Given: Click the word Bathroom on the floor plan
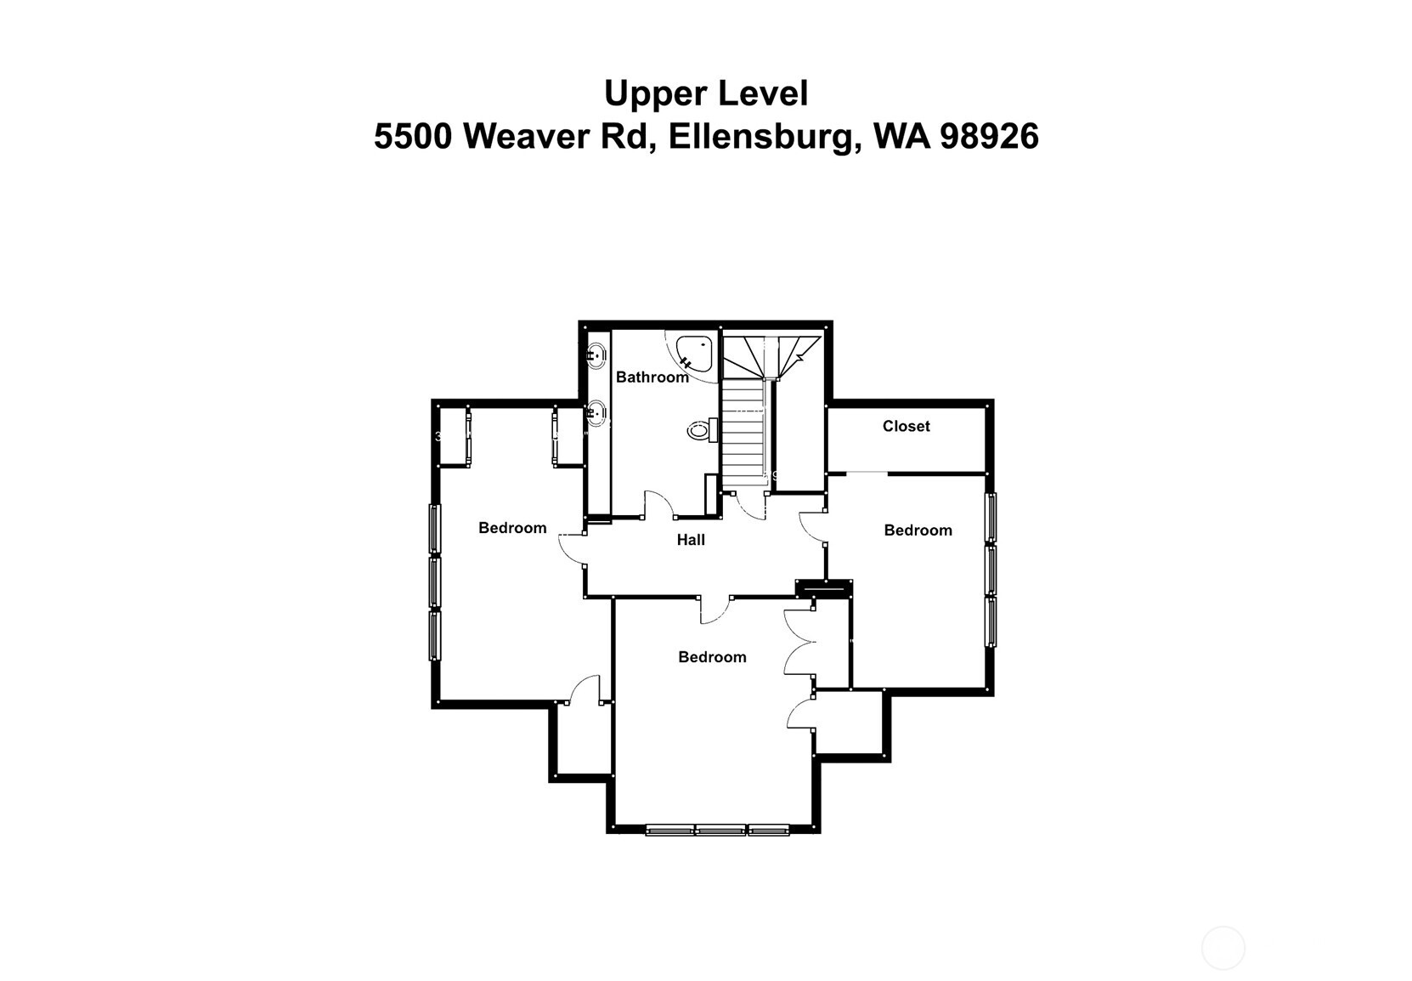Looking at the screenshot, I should pos(652,377).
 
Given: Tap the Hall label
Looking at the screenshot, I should pos(691,539).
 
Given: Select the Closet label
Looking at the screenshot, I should pos(906,426).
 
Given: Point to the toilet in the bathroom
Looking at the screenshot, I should pos(698,431).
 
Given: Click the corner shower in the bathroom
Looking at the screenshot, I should pos(693,352).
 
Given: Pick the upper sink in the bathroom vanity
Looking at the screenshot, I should pos(597,353).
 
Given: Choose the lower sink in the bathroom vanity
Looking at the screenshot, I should pos(597,413).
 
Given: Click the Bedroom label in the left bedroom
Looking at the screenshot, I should pos(512,528).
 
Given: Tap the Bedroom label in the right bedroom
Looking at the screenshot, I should pos(918,530).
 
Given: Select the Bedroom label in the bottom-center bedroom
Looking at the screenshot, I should pos(712,657).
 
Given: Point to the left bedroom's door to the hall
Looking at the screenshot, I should pos(571,548).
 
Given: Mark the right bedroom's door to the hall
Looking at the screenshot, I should pos(812,525).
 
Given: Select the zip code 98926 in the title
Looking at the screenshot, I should pos(989,136).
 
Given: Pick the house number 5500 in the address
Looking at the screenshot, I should pos(413,136).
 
